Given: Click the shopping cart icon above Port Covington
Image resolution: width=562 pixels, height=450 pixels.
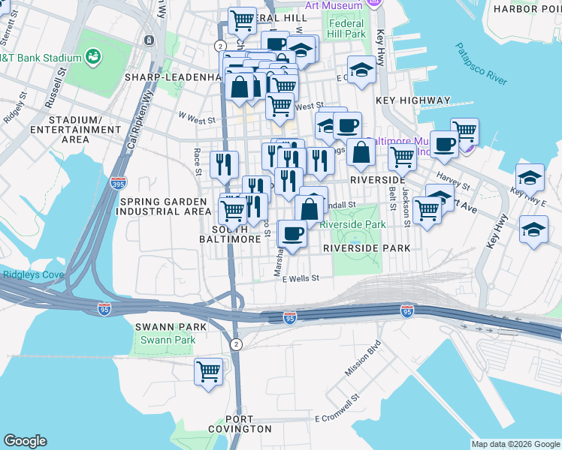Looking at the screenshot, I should (208, 370).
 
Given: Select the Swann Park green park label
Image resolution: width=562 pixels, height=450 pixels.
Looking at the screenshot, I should (168, 340).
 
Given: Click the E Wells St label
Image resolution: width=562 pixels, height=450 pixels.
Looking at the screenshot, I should (301, 277).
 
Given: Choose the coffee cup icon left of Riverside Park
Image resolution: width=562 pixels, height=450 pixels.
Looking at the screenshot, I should (293, 233).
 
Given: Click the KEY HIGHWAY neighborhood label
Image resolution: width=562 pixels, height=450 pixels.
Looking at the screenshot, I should (415, 100).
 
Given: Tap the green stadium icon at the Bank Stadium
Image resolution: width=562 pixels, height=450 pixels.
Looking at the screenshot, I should (94, 56).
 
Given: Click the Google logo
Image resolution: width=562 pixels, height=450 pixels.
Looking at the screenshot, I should (26, 441).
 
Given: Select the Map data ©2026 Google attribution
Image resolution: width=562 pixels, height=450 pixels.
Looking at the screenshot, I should (515, 444).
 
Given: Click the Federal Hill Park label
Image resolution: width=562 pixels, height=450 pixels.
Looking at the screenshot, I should (346, 28).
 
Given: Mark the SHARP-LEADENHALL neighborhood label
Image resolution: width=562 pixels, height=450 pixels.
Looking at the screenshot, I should (171, 77).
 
